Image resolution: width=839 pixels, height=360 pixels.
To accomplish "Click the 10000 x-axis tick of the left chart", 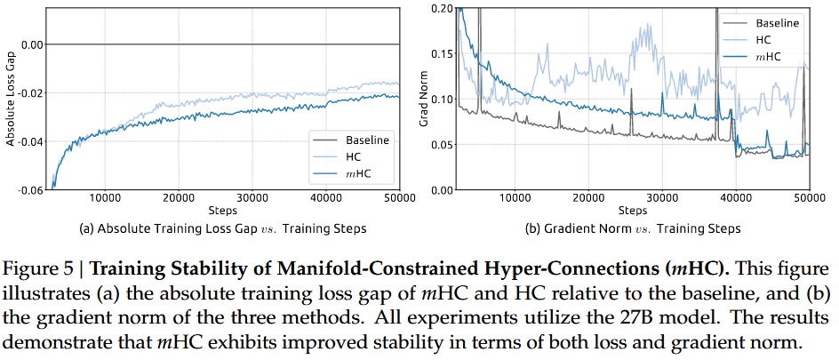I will tap(106, 198).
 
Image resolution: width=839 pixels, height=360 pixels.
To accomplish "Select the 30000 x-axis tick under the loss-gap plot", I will tap(253, 198).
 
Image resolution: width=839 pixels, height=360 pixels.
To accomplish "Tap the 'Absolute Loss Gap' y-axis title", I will tap(11, 98).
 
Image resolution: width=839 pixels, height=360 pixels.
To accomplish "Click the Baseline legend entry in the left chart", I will tap(365, 140).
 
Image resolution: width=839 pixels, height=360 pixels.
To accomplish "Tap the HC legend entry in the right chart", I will tap(763, 40).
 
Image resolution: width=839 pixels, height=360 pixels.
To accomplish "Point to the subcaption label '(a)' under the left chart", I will tap(87, 228).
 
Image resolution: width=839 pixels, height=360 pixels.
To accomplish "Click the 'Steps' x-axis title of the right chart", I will tap(633, 211).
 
